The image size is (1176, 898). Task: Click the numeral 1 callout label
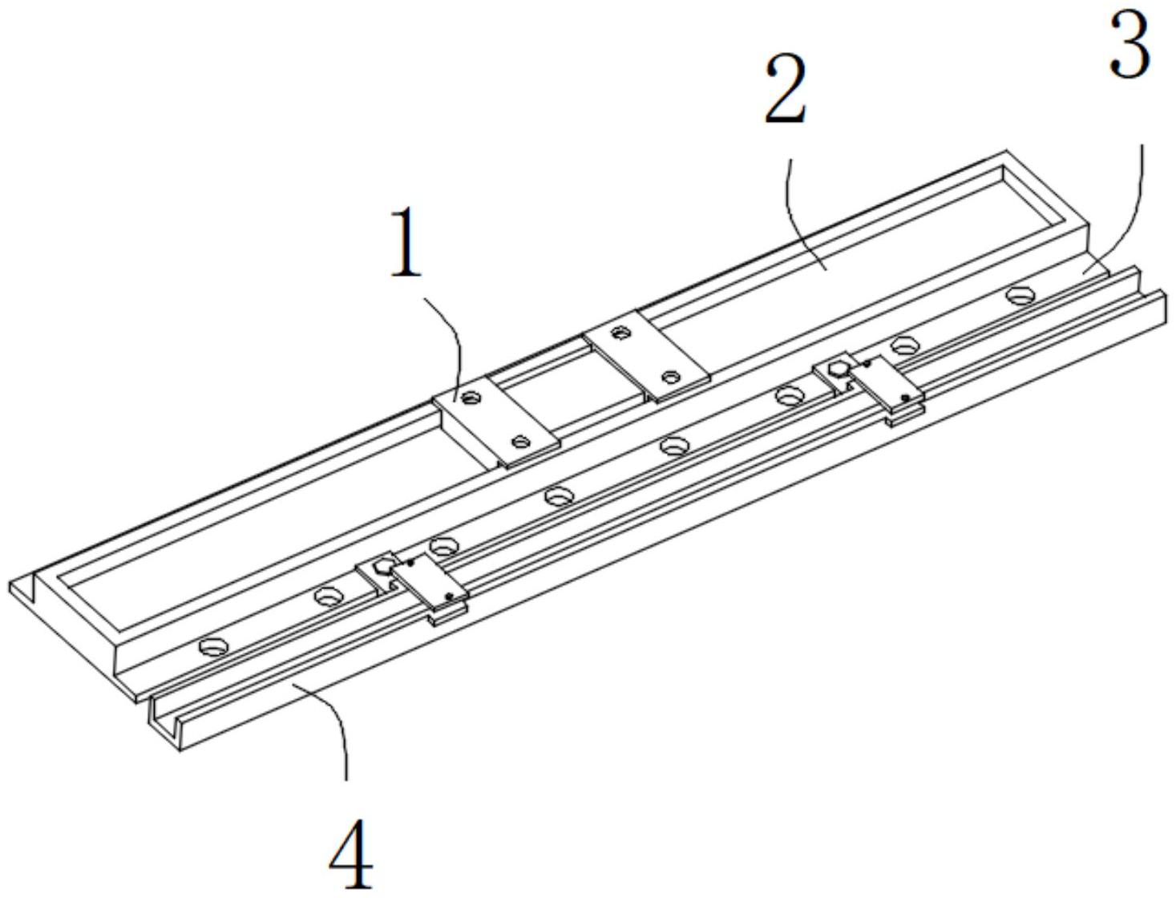click(x=406, y=244)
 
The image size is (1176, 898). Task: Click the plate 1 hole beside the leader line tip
click(x=471, y=397)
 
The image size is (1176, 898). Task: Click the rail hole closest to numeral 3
click(x=1019, y=294)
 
